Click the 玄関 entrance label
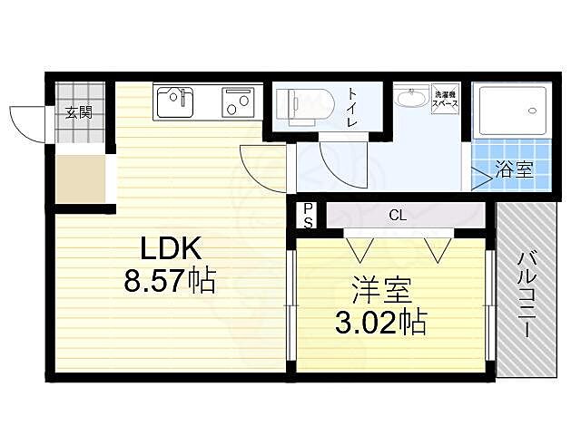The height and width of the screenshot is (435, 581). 78,113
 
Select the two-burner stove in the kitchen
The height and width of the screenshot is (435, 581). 239,103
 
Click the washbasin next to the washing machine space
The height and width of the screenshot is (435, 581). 412,97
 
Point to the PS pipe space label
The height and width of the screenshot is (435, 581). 308,215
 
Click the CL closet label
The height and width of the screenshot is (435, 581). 397,216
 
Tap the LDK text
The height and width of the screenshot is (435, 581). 170,249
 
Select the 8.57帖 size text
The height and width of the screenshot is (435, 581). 170,282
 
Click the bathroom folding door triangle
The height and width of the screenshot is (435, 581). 480,177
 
